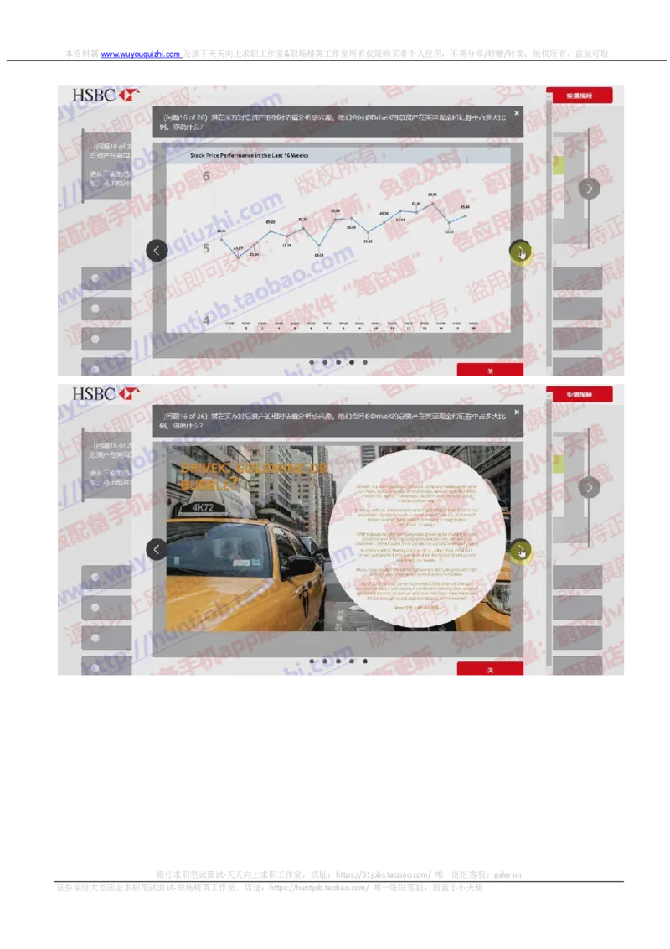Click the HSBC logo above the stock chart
point(105,95)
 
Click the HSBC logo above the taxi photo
point(105,393)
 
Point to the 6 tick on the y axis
point(205,176)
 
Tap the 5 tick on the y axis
point(205,248)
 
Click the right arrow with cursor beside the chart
point(520,251)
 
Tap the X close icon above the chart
point(517,113)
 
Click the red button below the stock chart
point(490,371)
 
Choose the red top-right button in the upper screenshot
point(579,96)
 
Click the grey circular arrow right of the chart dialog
point(589,188)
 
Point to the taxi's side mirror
point(296,568)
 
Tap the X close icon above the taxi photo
point(517,412)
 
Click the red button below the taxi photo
point(490,669)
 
